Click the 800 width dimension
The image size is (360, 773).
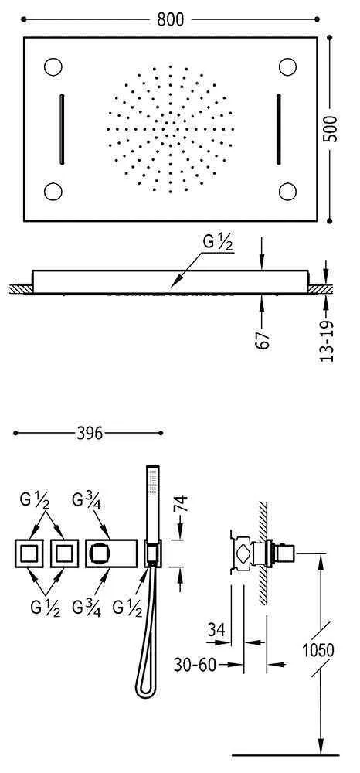point(171,19)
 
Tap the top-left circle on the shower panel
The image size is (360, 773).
point(53,66)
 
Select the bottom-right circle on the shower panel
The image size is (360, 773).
point(287,191)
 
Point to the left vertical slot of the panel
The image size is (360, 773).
point(62,128)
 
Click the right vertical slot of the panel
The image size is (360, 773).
point(278,128)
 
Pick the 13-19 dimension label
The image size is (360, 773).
point(328,341)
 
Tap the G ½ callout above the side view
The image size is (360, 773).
point(217,244)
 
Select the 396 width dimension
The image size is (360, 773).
point(89,434)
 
